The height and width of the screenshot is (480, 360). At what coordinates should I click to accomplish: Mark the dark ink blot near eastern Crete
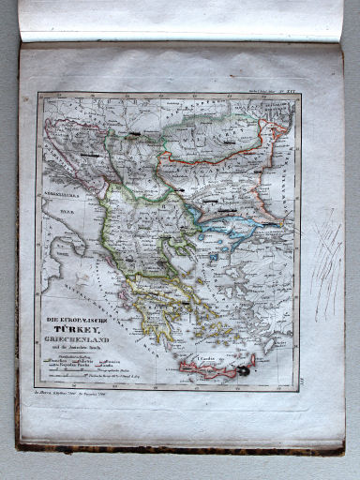[x=246, y=371]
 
